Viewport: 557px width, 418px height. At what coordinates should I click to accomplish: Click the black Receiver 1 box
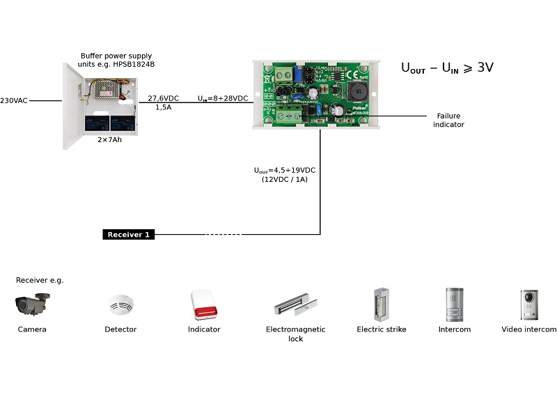pos(129,235)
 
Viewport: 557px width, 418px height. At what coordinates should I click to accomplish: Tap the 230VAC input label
pos(14,100)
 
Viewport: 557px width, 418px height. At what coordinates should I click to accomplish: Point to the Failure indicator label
pos(448,120)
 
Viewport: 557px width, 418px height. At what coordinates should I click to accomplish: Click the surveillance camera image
pos(33,304)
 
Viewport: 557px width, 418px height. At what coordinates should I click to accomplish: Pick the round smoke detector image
pos(120,305)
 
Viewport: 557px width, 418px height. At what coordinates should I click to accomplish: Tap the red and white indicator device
pos(204,304)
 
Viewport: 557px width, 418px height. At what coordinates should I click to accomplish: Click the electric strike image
pos(381,304)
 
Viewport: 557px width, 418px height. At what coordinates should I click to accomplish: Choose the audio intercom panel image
pos(455,304)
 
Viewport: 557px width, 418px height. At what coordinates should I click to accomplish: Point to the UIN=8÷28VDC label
pos(223,98)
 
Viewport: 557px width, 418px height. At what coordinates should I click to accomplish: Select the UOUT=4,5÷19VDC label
pos(285,170)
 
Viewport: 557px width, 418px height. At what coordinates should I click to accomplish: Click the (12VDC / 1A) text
pos(285,179)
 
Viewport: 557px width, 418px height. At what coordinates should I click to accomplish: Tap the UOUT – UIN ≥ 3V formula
pos(447,68)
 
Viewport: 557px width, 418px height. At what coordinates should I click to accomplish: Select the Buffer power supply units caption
pos(116,60)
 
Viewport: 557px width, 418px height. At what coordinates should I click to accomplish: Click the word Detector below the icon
pos(120,329)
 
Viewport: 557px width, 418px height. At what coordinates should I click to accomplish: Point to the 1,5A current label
pos(162,108)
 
